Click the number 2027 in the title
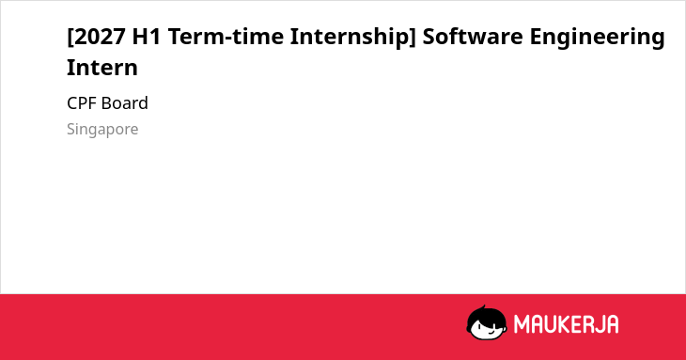(x=100, y=37)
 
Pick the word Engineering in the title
(x=597, y=38)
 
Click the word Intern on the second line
(x=102, y=68)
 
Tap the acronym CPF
(x=83, y=103)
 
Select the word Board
(x=125, y=103)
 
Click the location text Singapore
(x=102, y=130)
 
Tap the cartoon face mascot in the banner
(x=487, y=322)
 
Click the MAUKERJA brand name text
(x=566, y=324)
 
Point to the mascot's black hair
(x=486, y=315)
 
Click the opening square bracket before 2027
(x=70, y=38)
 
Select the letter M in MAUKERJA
(x=522, y=324)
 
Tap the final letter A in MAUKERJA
(x=612, y=324)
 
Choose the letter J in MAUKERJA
(x=598, y=324)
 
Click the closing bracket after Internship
(x=413, y=38)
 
